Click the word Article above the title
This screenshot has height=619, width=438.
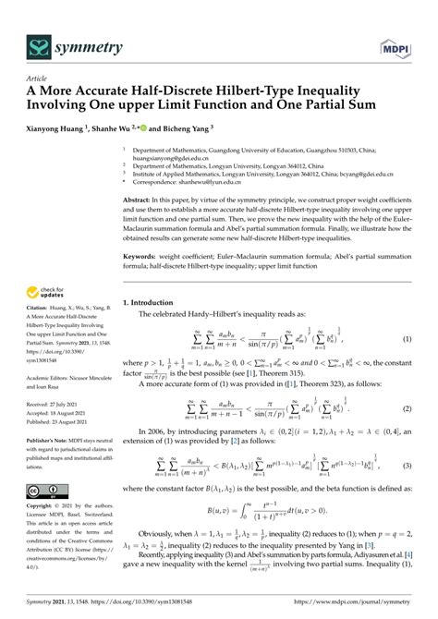click(38, 79)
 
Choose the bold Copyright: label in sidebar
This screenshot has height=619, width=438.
click(43, 508)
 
